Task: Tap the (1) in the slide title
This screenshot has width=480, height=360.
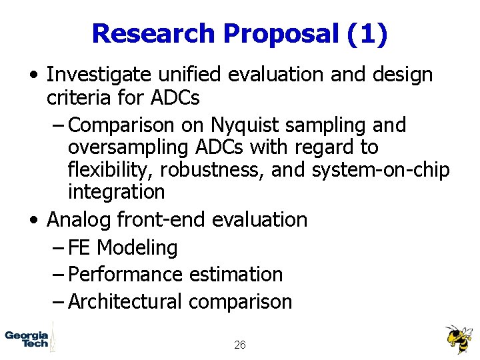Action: coord(367,33)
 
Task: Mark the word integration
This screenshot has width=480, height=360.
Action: coord(116,192)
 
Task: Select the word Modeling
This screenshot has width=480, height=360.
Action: coord(137,247)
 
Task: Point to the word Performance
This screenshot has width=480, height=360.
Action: coord(127,274)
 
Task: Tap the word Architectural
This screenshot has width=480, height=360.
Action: coord(125,301)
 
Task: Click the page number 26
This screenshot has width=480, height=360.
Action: coord(240,345)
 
